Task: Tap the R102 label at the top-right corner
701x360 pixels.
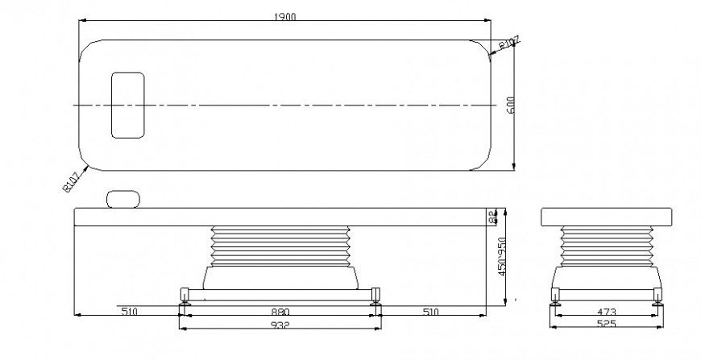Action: click(x=509, y=42)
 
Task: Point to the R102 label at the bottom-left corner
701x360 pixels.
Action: click(x=71, y=181)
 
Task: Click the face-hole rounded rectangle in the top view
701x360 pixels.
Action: click(x=127, y=105)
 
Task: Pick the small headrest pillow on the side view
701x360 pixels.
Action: click(x=123, y=198)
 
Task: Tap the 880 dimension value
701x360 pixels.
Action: click(x=279, y=310)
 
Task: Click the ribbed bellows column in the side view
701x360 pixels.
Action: click(x=279, y=246)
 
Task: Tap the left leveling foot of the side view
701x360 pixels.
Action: click(x=185, y=300)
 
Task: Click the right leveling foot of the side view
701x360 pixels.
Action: click(x=375, y=300)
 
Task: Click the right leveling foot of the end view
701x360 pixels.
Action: click(x=657, y=298)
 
